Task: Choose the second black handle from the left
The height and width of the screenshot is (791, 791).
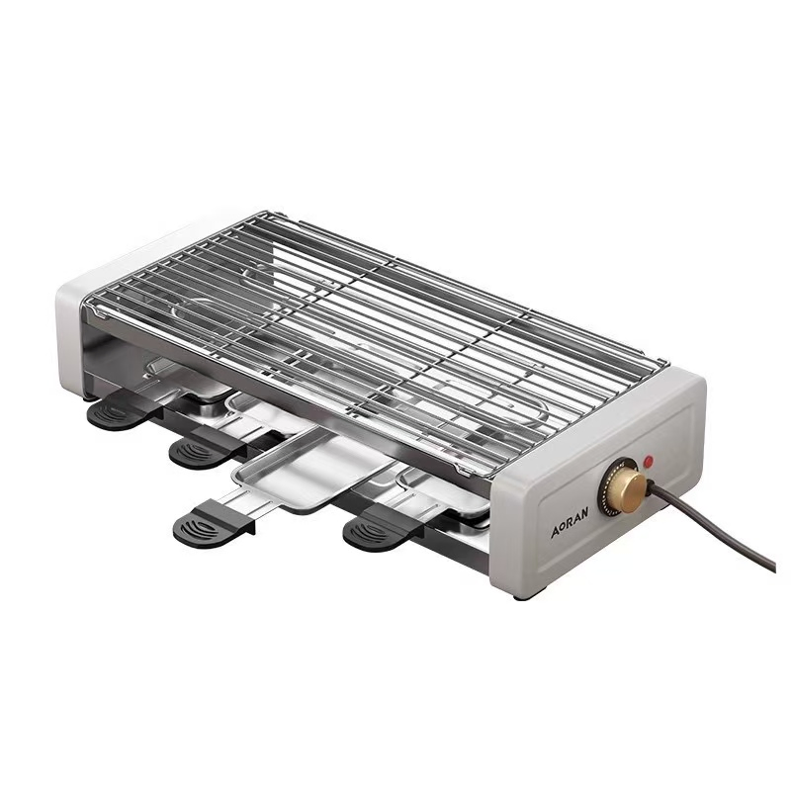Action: pyautogui.click(x=198, y=453)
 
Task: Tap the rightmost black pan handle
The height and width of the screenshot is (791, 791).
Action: pyautogui.click(x=375, y=531)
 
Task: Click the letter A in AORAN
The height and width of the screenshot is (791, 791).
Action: pyautogui.click(x=556, y=532)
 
